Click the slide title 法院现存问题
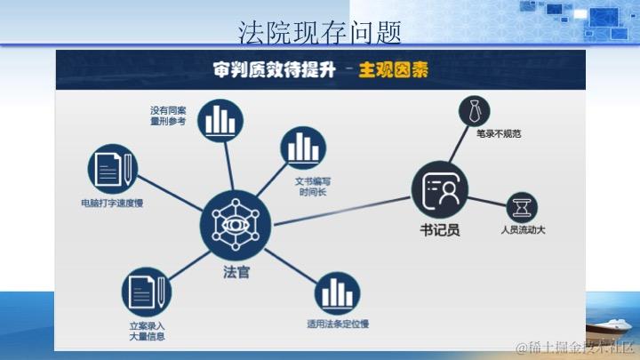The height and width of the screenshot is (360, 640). point(320,33)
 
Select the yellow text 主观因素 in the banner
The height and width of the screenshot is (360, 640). point(393,70)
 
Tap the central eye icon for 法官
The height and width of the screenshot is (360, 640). point(236,222)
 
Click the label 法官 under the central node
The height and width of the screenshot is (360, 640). point(236,273)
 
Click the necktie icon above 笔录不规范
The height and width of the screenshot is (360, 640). point(475,112)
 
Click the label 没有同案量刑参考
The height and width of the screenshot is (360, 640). point(168,116)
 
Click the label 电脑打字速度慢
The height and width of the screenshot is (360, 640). point(112,204)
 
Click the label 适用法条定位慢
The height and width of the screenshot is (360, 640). point(338,323)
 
